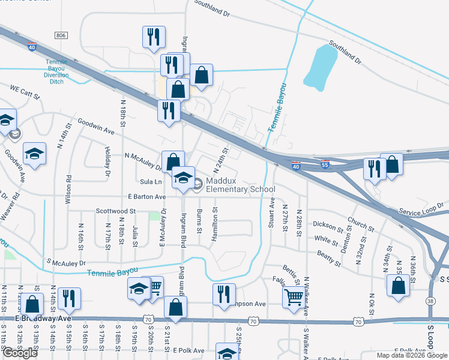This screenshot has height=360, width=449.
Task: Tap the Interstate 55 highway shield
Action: [324, 164]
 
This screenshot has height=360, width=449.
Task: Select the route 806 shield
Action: [61, 36]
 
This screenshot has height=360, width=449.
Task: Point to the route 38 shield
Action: [431, 300]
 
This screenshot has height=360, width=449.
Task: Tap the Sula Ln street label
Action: [151, 181]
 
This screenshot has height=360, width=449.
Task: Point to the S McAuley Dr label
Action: [66, 263]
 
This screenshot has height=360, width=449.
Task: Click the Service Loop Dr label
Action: [423, 208]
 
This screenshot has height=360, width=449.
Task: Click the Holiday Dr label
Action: [108, 163]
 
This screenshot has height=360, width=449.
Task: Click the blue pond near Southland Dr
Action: [320, 65]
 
